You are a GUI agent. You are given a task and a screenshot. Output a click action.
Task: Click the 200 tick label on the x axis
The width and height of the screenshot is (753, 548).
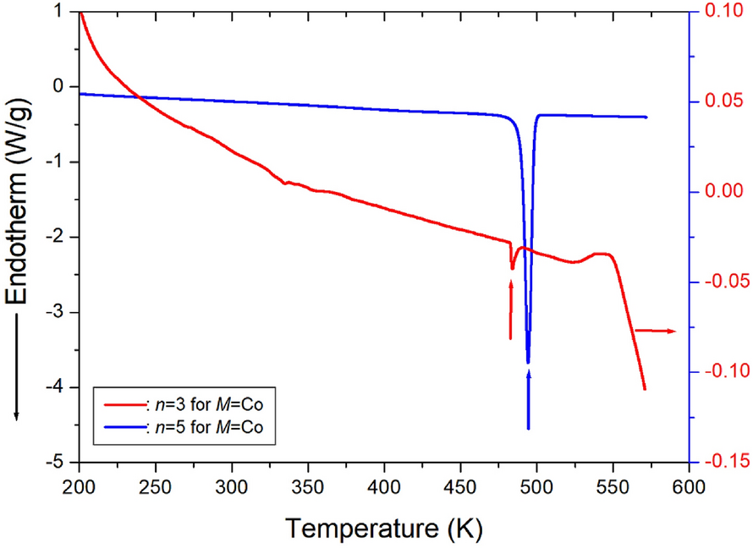(79, 489)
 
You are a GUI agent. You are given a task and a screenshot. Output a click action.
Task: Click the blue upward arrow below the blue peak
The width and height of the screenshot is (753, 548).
(528, 397)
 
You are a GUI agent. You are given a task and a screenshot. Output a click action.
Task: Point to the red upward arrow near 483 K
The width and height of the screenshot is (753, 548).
(511, 309)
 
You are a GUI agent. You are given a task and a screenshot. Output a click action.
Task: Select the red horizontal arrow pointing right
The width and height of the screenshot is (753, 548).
(655, 331)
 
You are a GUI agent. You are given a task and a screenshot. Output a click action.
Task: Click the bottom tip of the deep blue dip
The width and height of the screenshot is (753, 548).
(528, 362)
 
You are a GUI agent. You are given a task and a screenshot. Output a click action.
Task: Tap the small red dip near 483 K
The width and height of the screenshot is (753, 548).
(512, 268)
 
